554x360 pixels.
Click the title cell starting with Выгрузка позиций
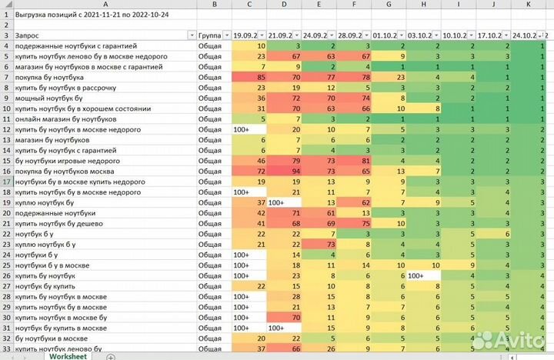click(x=85, y=15)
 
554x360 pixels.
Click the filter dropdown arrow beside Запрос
click(x=192, y=36)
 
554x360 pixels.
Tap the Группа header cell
click(x=209, y=36)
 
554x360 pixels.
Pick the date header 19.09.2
click(x=246, y=36)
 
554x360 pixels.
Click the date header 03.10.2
click(x=419, y=36)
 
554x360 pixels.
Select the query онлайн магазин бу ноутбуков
click(x=65, y=119)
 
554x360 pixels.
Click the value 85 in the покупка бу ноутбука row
click(x=261, y=78)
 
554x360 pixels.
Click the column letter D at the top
click(x=285, y=5)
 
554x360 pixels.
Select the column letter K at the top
click(x=528, y=5)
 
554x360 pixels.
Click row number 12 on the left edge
click(x=6, y=130)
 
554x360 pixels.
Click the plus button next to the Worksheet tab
click(x=111, y=355)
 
